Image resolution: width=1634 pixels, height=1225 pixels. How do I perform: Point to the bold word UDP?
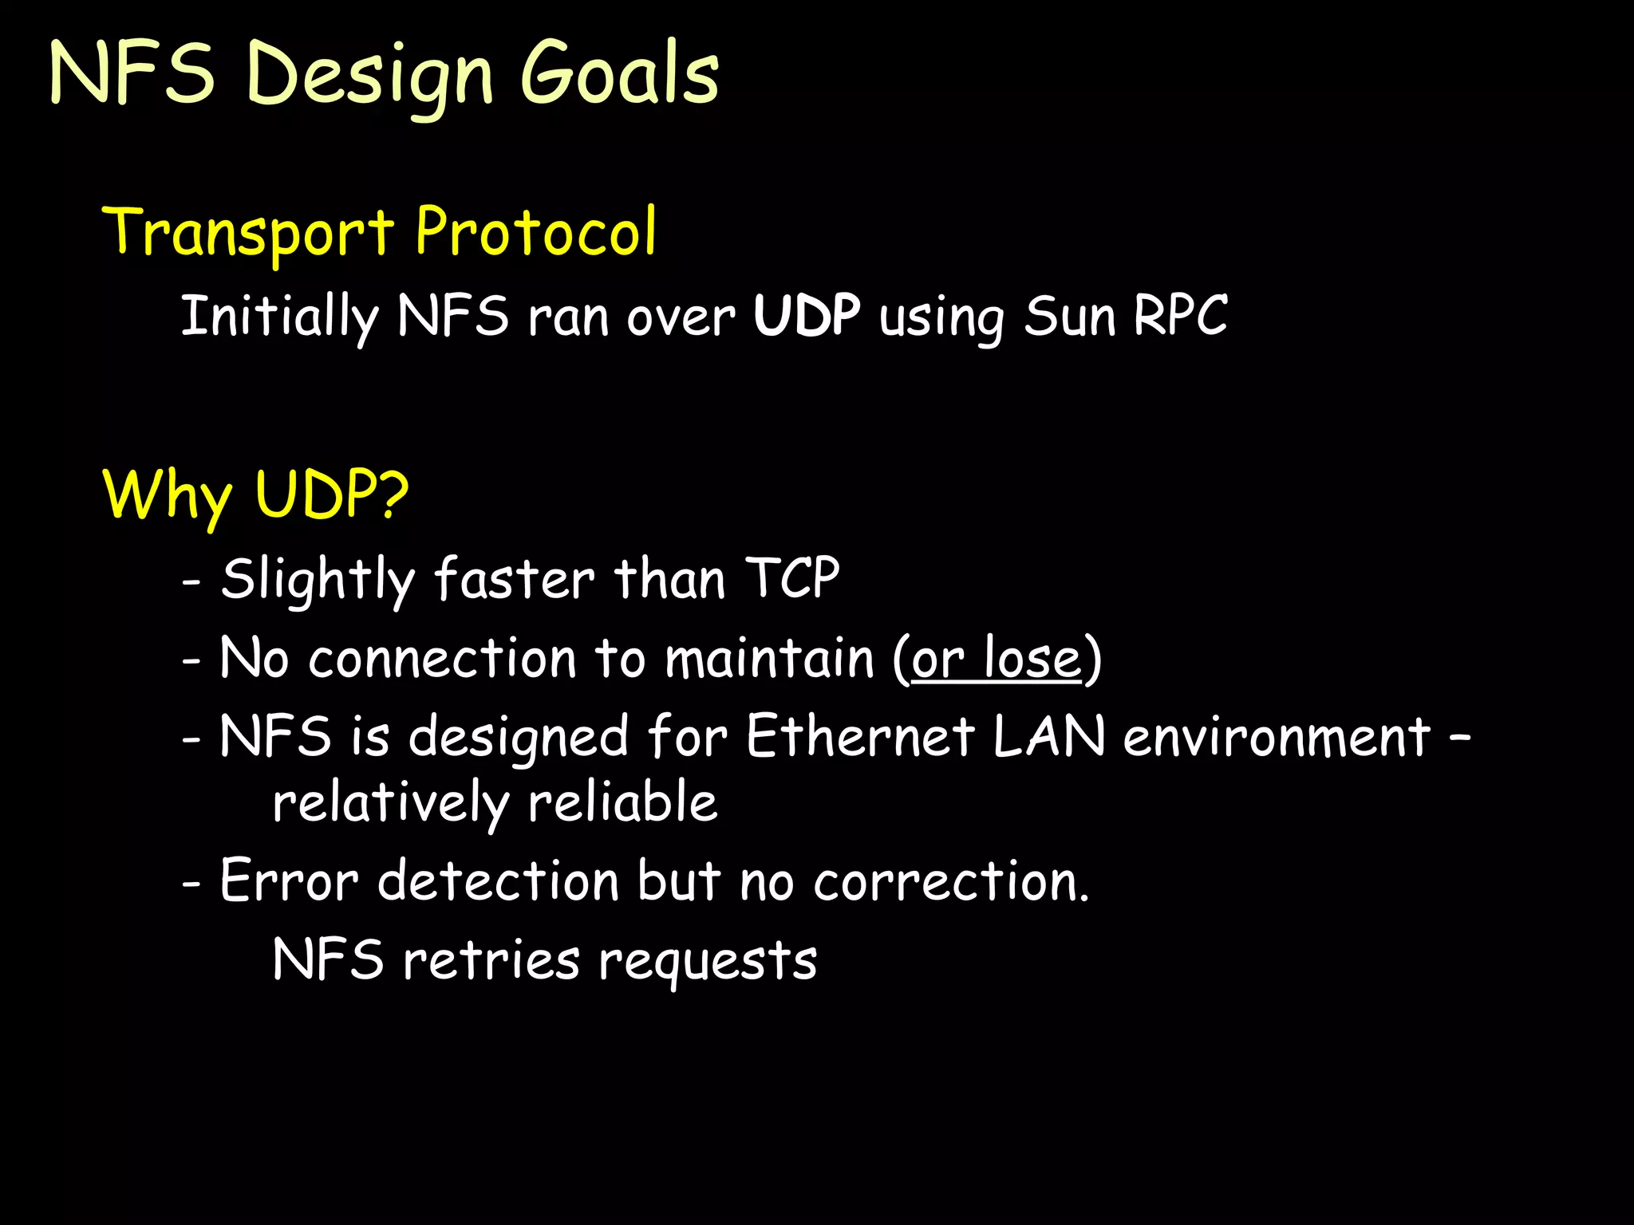[x=807, y=316]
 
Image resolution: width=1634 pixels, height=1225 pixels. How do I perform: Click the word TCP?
[x=791, y=577]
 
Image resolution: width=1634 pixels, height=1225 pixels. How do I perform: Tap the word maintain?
[x=769, y=659]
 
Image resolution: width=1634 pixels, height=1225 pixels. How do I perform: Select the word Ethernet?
[x=859, y=735]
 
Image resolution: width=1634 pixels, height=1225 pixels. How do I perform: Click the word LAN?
[x=1048, y=735]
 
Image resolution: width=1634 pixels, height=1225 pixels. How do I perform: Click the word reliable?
[x=622, y=802]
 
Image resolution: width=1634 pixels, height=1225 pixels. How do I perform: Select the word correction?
[x=950, y=881]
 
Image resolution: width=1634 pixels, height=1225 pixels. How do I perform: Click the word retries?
[x=491, y=959]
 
